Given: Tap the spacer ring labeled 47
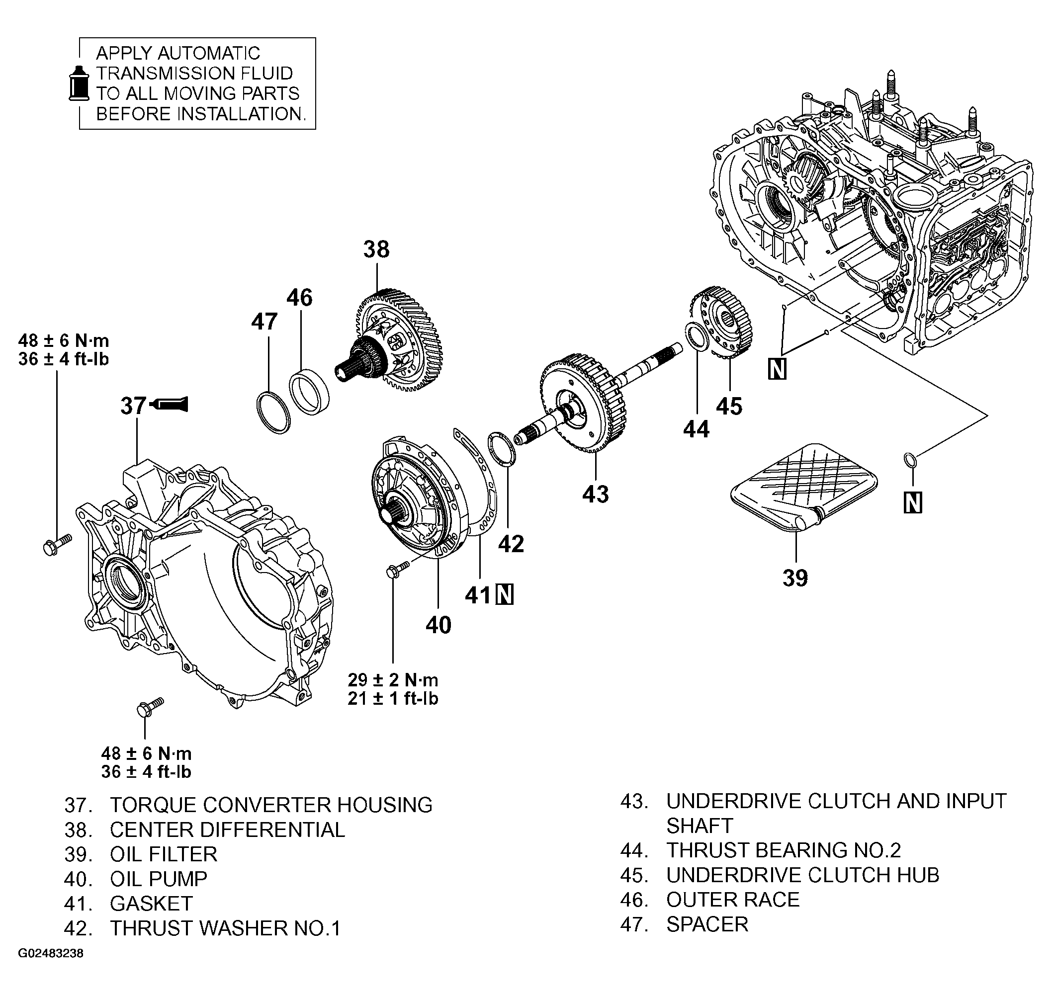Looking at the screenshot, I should coord(273,413).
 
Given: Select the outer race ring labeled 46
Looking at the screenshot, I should coord(309,393).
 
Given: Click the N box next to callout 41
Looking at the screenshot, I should coord(504,594).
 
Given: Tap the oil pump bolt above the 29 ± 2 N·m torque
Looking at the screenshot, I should coord(397,570).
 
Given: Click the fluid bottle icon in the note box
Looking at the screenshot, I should coord(80,84).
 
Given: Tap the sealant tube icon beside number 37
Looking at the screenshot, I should coord(170,405).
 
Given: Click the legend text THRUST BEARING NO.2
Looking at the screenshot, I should coord(783,850).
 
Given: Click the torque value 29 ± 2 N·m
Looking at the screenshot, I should coord(393,679).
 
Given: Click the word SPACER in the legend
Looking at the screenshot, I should coord(706,924).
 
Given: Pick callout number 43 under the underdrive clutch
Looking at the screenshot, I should coord(595,494).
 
